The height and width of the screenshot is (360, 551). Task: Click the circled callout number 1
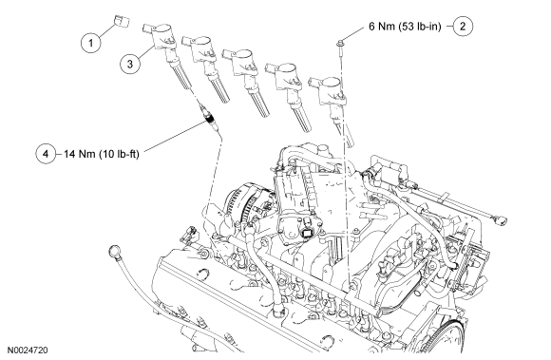point(90,43)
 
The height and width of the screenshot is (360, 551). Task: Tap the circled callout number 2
point(463,27)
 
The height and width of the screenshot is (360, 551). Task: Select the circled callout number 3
point(130,64)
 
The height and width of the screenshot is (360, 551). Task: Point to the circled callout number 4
point(46,154)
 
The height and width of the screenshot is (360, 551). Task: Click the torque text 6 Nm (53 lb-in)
point(405,27)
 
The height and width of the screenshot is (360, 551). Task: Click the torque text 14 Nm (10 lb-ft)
point(102,154)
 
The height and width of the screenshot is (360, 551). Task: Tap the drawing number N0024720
point(28,350)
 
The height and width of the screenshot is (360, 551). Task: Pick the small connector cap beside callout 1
point(122,21)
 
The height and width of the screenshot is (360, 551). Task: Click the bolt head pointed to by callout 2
point(340,45)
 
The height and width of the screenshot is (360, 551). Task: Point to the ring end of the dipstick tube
point(115,252)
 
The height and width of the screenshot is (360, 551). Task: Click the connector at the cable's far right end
point(501,221)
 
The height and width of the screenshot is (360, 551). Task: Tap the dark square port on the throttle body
point(307,233)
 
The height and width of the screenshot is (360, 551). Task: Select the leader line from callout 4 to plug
point(174,136)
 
